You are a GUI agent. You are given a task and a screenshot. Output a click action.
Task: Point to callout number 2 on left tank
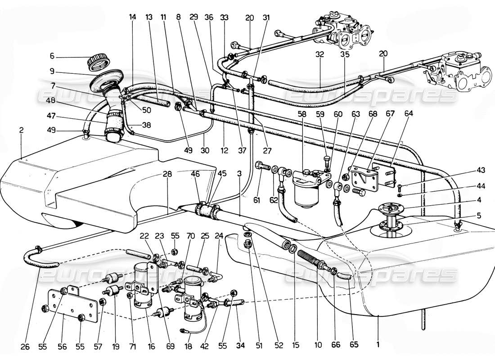[22, 130]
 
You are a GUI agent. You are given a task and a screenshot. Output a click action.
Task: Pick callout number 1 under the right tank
[378, 346]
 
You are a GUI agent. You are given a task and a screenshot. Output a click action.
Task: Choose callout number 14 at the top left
[132, 17]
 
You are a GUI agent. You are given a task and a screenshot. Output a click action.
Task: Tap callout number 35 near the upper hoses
[344, 53]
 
